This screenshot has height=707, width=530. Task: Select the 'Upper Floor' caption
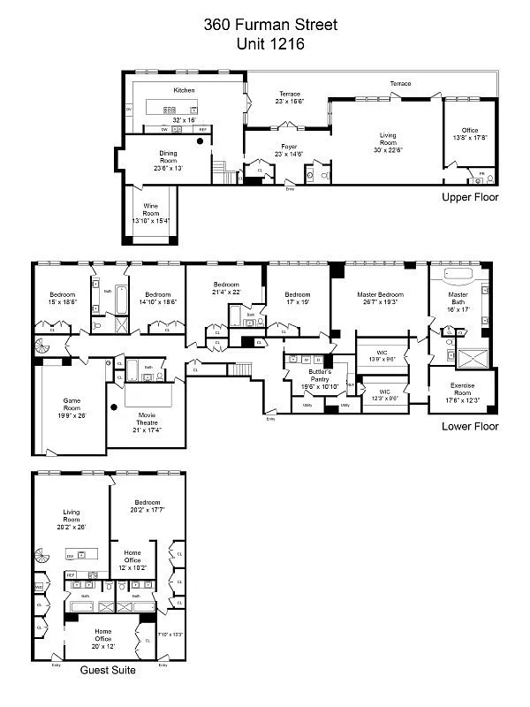[x=470, y=197]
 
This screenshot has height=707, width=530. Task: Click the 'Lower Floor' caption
[x=470, y=427]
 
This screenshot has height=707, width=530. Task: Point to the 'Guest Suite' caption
[x=108, y=671]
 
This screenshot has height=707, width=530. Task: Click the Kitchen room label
[x=184, y=90]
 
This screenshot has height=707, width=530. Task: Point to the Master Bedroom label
[x=380, y=299]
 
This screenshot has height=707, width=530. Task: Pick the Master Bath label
[x=458, y=300]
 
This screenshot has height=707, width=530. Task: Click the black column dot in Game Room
[x=115, y=407]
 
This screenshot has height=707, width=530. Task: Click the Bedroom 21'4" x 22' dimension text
[x=226, y=292]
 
